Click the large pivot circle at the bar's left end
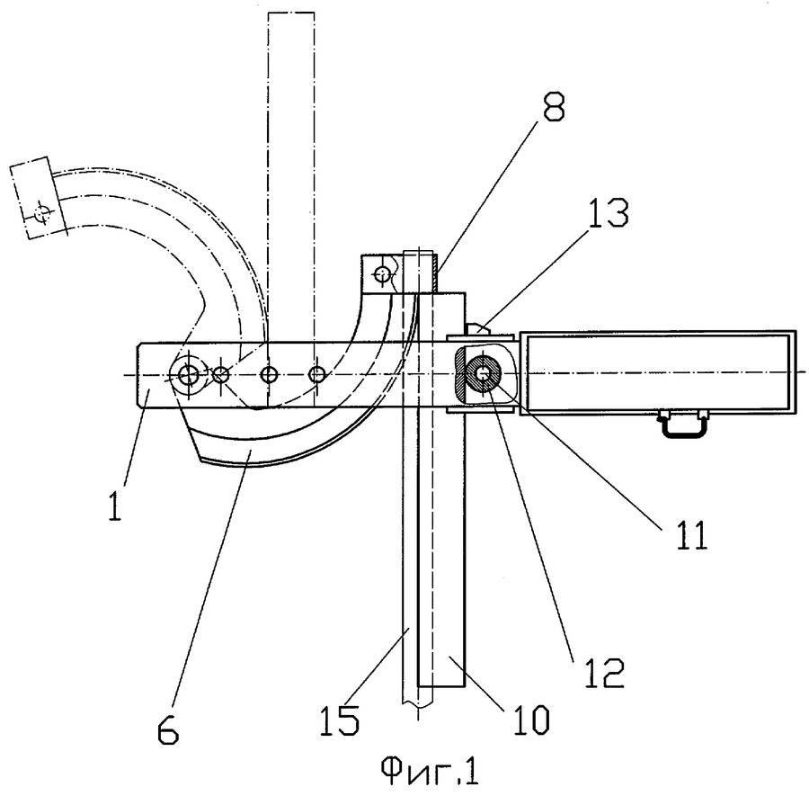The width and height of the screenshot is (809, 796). pyautogui.click(x=189, y=374)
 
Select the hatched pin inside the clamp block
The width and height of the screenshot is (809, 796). pyautogui.click(x=484, y=374)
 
